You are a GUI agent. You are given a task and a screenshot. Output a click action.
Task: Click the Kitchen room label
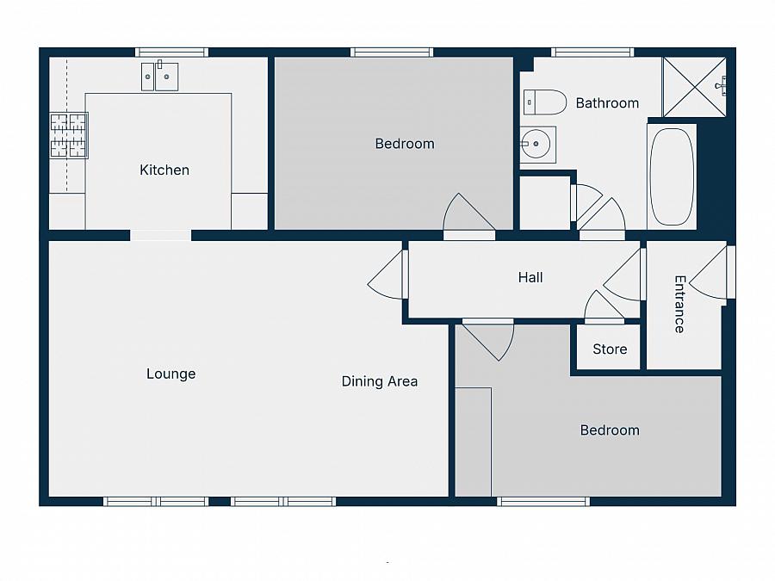coord(164,170)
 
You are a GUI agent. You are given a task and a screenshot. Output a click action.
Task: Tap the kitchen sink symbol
coord(159,77)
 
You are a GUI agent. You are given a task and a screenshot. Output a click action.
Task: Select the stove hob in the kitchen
coord(69,135)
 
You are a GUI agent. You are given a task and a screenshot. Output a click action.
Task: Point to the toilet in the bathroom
coord(544,102)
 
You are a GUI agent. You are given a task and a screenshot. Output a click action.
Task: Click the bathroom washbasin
coord(537,145)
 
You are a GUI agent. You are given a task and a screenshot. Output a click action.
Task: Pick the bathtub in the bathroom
coord(672,177)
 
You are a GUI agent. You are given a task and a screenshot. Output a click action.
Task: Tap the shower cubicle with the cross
coord(694,86)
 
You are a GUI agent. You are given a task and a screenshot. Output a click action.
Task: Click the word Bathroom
coord(607,102)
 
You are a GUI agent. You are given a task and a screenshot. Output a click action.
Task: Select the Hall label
coord(530,277)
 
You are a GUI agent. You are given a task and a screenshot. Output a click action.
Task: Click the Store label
coord(610,349)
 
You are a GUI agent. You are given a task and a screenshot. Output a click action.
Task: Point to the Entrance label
coord(679,304)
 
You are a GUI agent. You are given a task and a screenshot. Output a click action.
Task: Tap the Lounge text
coord(170,374)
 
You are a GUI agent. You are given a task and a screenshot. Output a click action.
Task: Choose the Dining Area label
coord(380,380)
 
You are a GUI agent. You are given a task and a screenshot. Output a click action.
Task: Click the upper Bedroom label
coord(405,143)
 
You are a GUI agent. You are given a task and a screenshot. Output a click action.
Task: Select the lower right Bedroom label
coord(610,430)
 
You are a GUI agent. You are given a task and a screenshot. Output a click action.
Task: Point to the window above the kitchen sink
coord(172,53)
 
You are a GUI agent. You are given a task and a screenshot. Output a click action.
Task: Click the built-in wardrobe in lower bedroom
coord(473,441)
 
